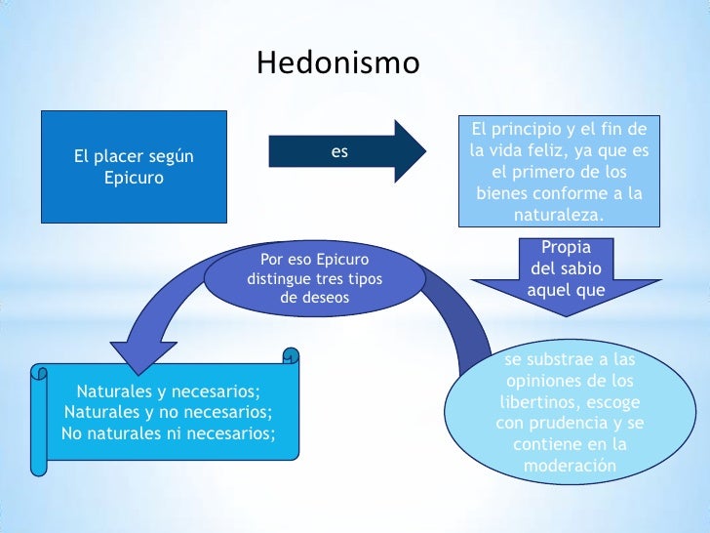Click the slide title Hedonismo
(x=337, y=63)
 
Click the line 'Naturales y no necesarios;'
(x=165, y=411)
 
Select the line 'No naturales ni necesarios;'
(x=169, y=430)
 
